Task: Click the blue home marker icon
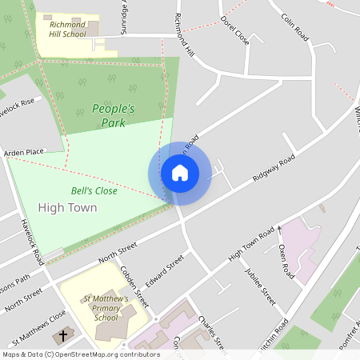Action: click(179, 173)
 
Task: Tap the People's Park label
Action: click(113, 115)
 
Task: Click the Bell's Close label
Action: click(94, 191)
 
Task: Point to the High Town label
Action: click(73, 208)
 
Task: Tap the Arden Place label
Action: click(24, 151)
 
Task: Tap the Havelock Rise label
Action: click(17, 106)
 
